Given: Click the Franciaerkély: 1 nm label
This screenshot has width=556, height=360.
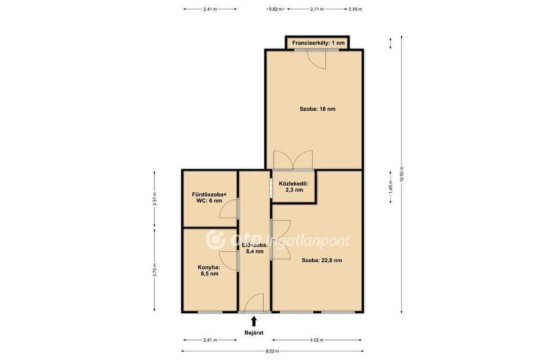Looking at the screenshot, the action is pyautogui.click(x=318, y=43).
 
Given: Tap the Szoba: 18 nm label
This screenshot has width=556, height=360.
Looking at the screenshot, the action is pyautogui.click(x=317, y=109).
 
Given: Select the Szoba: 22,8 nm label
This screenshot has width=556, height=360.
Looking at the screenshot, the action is pyautogui.click(x=321, y=260).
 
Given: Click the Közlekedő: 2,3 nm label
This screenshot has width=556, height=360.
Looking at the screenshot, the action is pyautogui.click(x=294, y=187).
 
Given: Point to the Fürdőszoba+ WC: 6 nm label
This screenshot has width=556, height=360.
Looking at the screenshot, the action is pyautogui.click(x=209, y=198).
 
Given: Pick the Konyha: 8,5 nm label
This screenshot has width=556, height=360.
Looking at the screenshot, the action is pyautogui.click(x=208, y=270).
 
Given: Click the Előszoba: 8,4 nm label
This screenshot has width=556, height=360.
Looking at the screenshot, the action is pyautogui.click(x=255, y=248).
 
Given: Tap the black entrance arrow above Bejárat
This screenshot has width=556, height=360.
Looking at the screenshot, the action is pyautogui.click(x=254, y=321).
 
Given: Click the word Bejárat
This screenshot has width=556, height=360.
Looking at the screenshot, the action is pyautogui.click(x=254, y=333).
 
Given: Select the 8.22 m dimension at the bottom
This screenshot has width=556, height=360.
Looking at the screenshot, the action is pyautogui.click(x=272, y=351).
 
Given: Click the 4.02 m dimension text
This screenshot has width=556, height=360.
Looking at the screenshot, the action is pyautogui.click(x=317, y=340).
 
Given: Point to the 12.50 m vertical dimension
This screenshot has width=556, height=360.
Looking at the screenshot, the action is pyautogui.click(x=401, y=174).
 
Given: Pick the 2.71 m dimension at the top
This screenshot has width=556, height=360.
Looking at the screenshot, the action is pyautogui.click(x=317, y=9).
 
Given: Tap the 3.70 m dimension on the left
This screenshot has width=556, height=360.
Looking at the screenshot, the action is pyautogui.click(x=155, y=270).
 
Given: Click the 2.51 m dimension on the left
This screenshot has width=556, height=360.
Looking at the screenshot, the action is pyautogui.click(x=155, y=199).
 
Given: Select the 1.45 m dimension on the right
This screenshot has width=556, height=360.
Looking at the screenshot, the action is pyautogui.click(x=391, y=187).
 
